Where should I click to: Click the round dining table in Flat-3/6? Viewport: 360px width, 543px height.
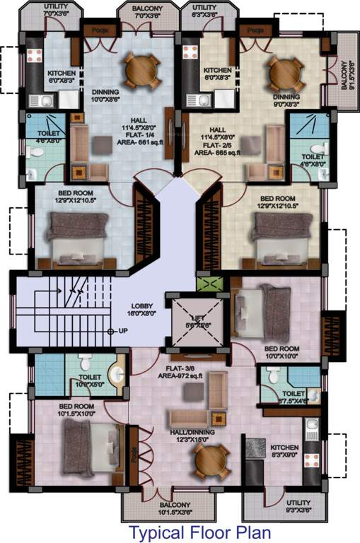[x=210, y=460]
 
